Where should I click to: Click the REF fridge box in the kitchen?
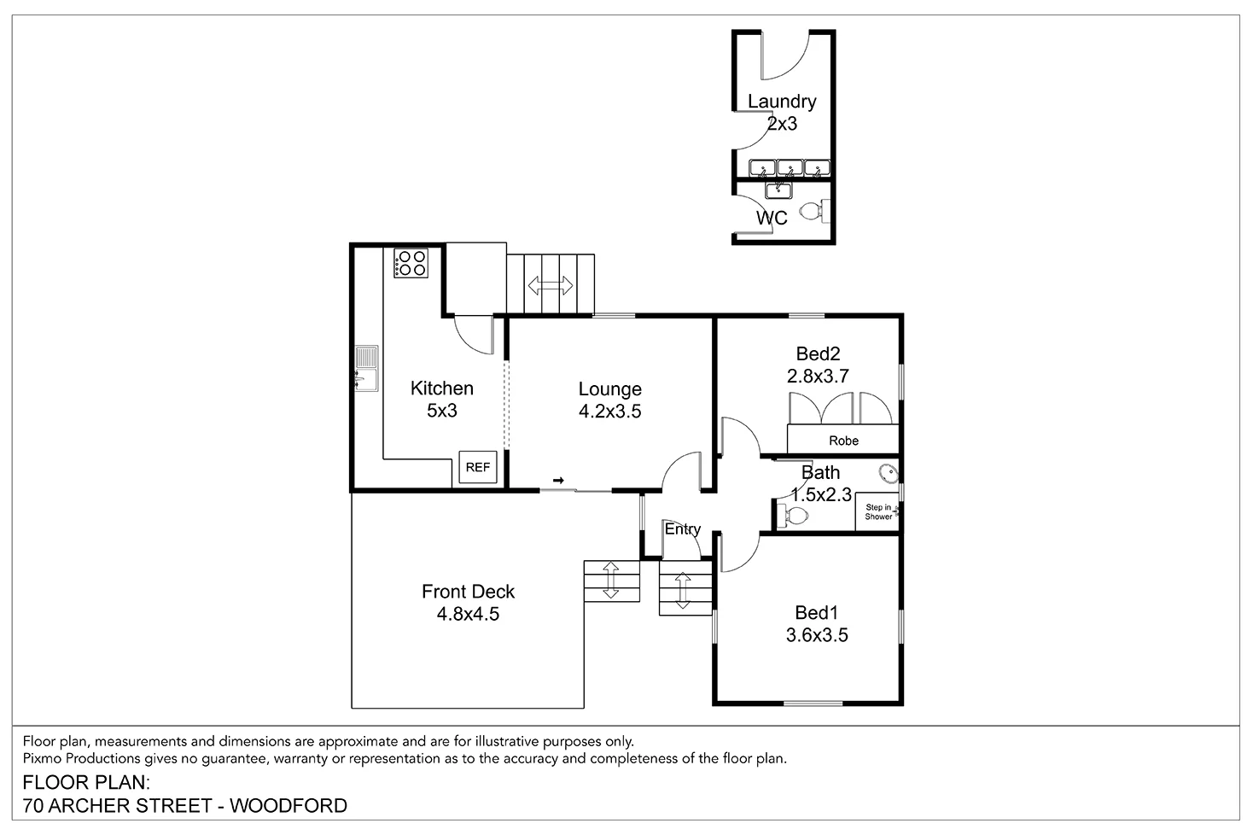coord(477,467)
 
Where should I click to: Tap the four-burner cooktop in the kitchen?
coord(411,262)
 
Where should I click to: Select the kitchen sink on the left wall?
coord(366,368)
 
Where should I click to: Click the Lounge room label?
coord(609,389)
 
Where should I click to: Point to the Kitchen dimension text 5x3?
coord(442,411)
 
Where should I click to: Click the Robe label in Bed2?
coord(843,441)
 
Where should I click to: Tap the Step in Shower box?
coord(878,512)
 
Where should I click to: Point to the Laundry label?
coord(782,102)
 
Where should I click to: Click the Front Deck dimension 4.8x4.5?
coord(468,614)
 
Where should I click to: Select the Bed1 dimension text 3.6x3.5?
coord(817,635)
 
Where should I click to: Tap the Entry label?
coord(683,529)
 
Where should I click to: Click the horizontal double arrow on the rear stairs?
coord(551,285)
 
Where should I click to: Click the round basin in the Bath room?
coord(888,471)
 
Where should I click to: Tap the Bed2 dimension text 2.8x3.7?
coord(818,376)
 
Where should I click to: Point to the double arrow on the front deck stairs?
coord(611,581)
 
